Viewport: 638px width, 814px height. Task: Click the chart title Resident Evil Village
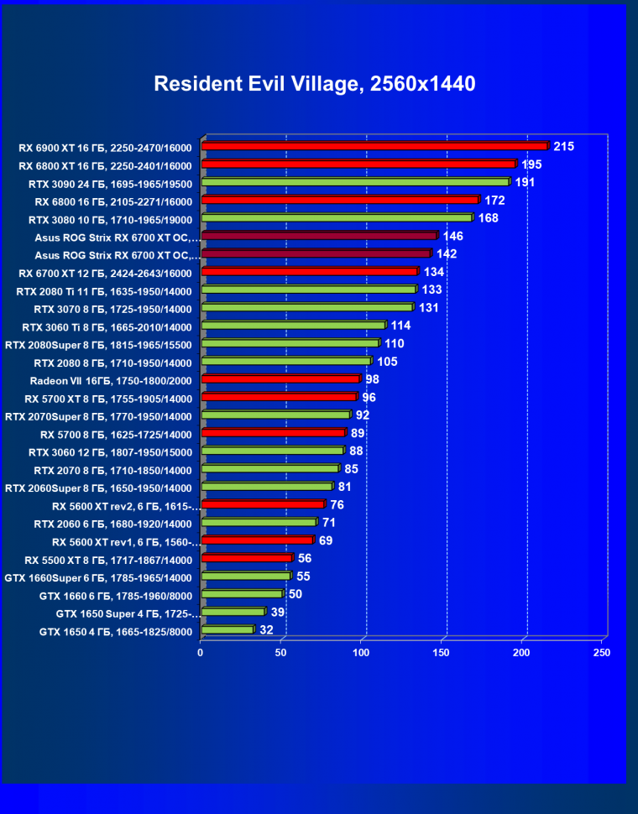(x=315, y=84)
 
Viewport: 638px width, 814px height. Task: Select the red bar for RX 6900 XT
(x=374, y=146)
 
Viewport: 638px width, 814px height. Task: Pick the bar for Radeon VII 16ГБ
(x=280, y=379)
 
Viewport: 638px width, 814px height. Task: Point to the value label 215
(x=563, y=147)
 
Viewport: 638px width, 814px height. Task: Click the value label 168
(x=489, y=218)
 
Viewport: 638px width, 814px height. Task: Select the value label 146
(x=453, y=237)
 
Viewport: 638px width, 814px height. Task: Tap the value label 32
(x=266, y=629)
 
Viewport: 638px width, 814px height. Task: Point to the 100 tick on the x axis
(x=361, y=652)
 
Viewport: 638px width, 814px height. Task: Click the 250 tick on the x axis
(x=601, y=652)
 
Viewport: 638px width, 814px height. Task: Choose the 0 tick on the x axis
(x=201, y=652)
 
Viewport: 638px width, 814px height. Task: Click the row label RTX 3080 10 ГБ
(x=110, y=220)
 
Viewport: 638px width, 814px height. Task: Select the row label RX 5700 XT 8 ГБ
(x=108, y=399)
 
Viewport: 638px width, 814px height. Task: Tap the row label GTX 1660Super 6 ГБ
(x=98, y=577)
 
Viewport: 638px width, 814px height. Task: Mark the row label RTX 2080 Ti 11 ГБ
(x=104, y=291)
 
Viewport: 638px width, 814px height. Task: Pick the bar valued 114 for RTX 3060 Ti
(x=293, y=325)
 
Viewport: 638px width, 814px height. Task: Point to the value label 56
(x=304, y=558)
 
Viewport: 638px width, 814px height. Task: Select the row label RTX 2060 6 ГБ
(x=112, y=524)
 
